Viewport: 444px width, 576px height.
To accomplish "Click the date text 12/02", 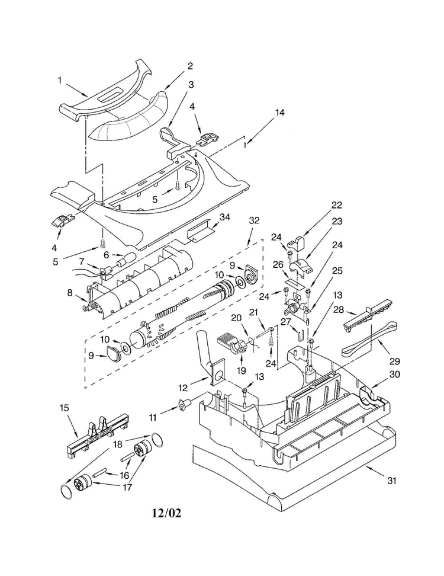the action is pyautogui.click(x=166, y=513).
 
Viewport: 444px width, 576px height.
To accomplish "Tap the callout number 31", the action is pyautogui.click(x=392, y=480).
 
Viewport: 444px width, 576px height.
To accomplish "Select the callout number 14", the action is pyautogui.click(x=279, y=113).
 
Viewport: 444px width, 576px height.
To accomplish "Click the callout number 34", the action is pyautogui.click(x=224, y=217).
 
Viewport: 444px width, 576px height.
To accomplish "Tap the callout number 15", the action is pyautogui.click(x=64, y=408).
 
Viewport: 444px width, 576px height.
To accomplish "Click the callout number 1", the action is pyautogui.click(x=59, y=80).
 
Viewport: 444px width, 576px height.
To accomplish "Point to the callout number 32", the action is pyautogui.click(x=254, y=220).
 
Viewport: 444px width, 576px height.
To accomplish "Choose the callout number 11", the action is pyautogui.click(x=153, y=418).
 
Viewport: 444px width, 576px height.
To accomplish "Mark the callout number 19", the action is pyautogui.click(x=241, y=370).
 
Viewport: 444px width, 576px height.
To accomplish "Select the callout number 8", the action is pyautogui.click(x=70, y=293).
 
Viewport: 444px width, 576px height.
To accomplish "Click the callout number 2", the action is pyautogui.click(x=190, y=66).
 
